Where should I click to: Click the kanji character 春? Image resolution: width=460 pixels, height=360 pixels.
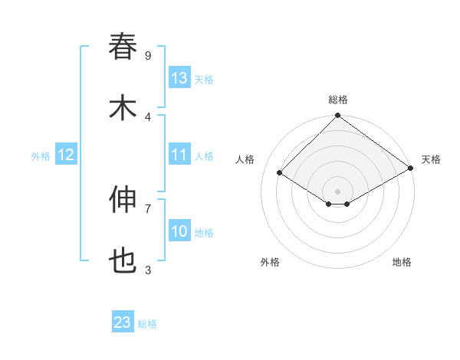coord(123,47)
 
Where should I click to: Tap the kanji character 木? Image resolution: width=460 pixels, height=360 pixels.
coord(123,108)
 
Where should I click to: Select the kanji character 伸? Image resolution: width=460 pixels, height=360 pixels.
coord(123,200)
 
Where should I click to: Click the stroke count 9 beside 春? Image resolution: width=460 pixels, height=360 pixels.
coord(148,55)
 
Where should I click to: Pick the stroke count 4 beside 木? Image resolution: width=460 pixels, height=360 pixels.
coord(148,116)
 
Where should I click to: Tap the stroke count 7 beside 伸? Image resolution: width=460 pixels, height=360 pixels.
coord(148,208)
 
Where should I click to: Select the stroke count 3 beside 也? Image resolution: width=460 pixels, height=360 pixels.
coord(148,270)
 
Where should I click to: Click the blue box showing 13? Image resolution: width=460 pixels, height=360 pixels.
coord(179,78)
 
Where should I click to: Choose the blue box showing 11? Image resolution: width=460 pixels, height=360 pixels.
coord(179,155)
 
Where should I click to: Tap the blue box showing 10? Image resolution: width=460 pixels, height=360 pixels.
coord(179,231)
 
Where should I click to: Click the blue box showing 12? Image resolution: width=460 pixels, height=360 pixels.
coord(66,155)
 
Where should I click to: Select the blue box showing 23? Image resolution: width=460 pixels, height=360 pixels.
coord(123,322)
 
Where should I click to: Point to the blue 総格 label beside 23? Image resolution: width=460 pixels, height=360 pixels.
coord(147,324)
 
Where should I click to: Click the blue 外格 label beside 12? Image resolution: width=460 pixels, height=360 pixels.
coord(41,156)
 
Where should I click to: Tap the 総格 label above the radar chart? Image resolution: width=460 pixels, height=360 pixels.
coord(338,100)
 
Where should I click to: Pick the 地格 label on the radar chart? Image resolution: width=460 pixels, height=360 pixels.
coord(402,262)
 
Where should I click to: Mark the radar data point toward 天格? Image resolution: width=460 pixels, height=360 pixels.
coord(411,168)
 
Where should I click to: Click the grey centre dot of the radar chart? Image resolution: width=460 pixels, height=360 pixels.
coord(338,191)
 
